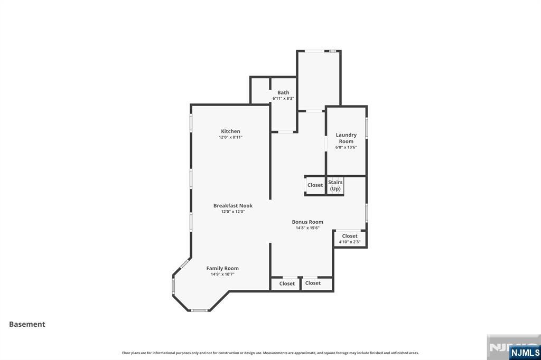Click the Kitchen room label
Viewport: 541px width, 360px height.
[x=230, y=131]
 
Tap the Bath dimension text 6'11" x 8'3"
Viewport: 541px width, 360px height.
[x=283, y=98]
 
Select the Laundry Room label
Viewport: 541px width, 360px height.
[x=346, y=138]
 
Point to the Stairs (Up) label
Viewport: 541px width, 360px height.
[x=335, y=185]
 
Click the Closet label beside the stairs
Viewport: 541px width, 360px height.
[x=315, y=185]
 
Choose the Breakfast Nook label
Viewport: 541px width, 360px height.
[x=233, y=206]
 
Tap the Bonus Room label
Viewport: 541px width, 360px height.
[x=307, y=222]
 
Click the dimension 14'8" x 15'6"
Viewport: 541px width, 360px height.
[x=307, y=228]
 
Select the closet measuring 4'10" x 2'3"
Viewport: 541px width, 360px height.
[x=350, y=239]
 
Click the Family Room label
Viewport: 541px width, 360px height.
[x=222, y=268]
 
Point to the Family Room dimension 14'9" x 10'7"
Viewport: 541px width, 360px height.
[x=222, y=274]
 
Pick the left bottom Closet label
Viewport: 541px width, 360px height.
[x=287, y=283]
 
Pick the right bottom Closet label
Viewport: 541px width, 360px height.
[x=313, y=283]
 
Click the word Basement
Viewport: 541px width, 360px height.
[x=27, y=325]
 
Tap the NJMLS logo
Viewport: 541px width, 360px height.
[x=525, y=352]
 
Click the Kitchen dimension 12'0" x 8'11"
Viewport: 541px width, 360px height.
[x=230, y=137]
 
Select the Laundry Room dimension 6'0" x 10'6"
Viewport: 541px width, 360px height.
[x=346, y=147]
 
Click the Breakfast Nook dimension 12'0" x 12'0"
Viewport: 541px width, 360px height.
[x=233, y=212]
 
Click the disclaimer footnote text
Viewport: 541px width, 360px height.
[x=270, y=353]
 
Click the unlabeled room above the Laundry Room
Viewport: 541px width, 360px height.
[x=319, y=79]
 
